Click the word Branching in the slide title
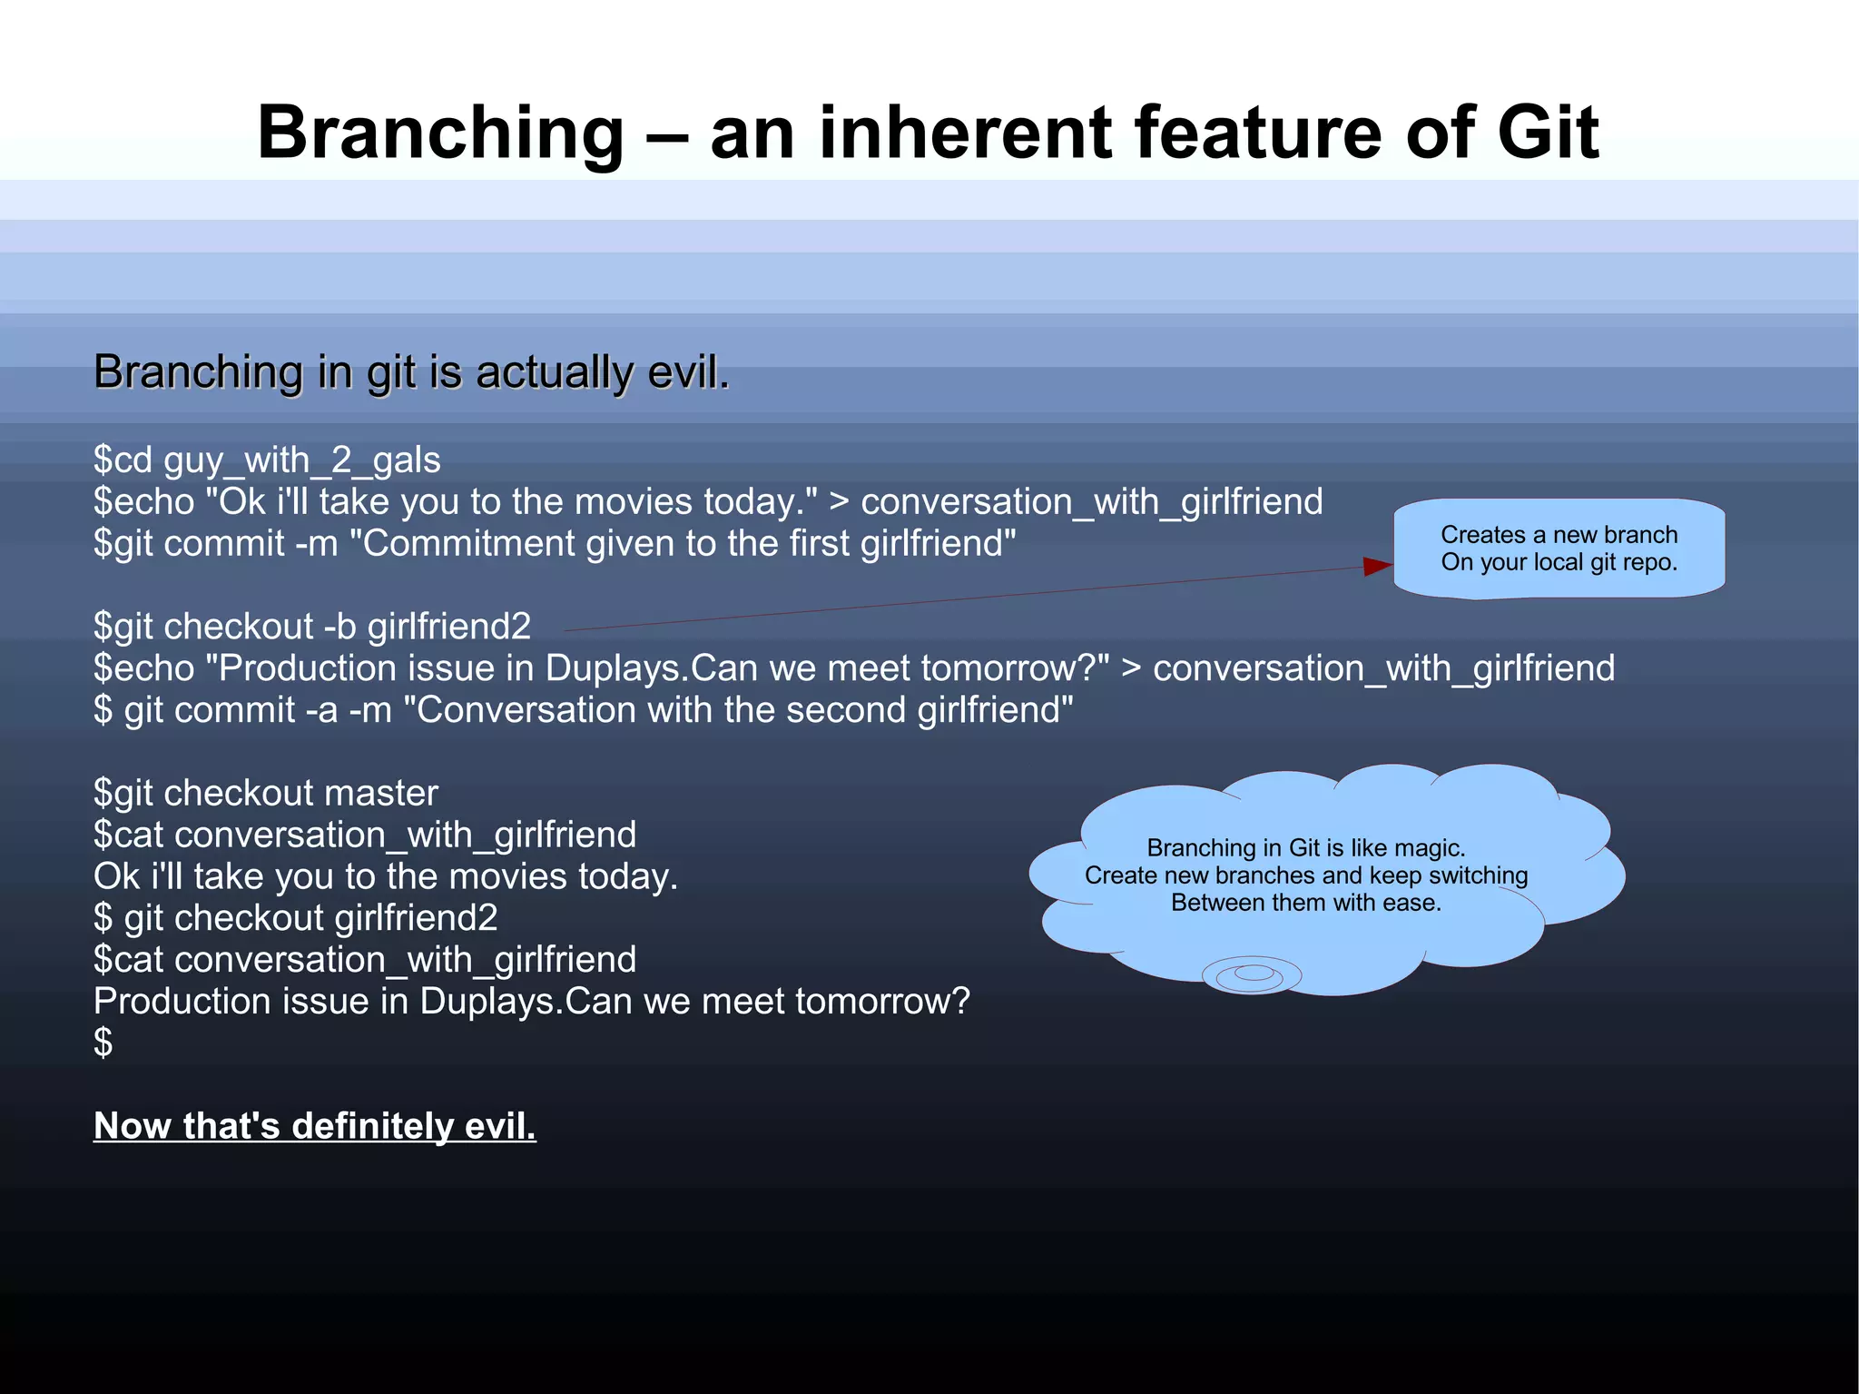pos(440,133)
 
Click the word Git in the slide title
pos(1547,133)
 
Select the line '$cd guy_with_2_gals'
pos(267,460)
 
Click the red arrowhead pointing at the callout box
pos(1377,567)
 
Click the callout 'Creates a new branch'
pos(1559,535)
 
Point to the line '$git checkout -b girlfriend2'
pos(312,627)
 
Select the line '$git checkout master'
pos(266,793)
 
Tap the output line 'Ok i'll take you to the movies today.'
pos(386,876)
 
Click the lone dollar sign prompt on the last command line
pos(103,1043)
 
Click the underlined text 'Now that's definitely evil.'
pos(314,1126)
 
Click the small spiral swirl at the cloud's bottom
pos(1252,974)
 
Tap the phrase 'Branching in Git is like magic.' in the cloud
pos(1306,848)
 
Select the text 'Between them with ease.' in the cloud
pos(1306,903)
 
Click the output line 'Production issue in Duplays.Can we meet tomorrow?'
pos(532,1002)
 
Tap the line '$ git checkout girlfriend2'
pos(296,918)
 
